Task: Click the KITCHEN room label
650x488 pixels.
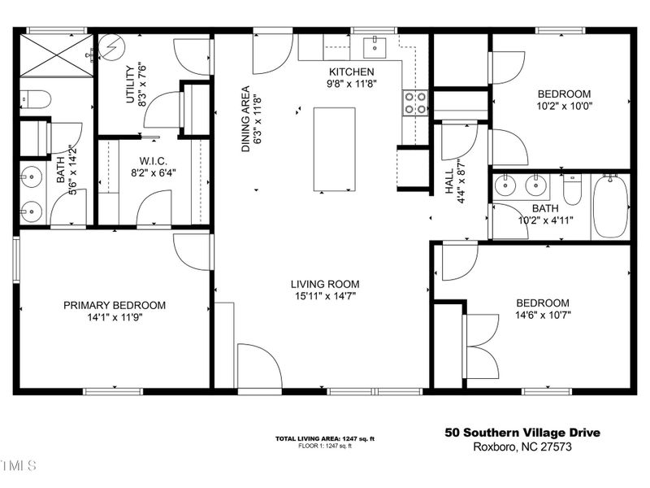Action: click(x=351, y=72)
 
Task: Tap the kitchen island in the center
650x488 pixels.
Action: click(x=335, y=150)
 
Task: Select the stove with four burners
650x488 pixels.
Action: click(x=415, y=102)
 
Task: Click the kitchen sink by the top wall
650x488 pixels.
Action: click(x=376, y=47)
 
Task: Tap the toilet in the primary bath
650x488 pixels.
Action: click(x=35, y=99)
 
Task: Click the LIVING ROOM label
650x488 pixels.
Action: click(x=325, y=284)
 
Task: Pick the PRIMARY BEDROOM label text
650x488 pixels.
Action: click(x=115, y=305)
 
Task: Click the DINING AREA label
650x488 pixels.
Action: click(x=245, y=119)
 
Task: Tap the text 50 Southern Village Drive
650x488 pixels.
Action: click(x=522, y=433)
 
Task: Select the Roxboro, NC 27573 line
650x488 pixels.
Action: click(x=522, y=447)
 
